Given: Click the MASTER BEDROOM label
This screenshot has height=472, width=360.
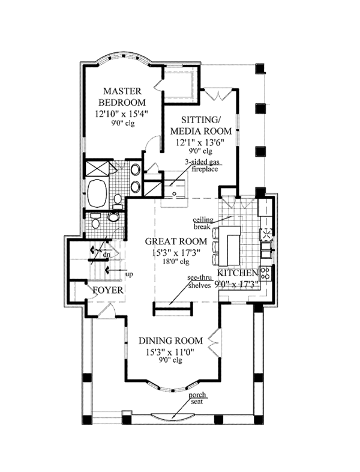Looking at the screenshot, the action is tap(122, 97).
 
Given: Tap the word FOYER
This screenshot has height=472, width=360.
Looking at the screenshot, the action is tap(108, 290).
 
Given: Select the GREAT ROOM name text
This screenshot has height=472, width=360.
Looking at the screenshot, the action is tap(176, 241).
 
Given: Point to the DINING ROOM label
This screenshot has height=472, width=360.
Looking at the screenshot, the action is tap(170, 340).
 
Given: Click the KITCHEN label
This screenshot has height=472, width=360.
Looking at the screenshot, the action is tap(238, 273).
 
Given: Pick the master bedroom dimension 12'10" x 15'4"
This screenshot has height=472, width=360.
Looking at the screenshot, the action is tap(122, 113).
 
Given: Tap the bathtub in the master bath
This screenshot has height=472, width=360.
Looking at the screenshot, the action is tap(97, 193).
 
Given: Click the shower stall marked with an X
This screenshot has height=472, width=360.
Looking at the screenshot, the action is tap(97, 169).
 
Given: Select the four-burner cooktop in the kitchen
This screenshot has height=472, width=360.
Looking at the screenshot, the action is tap(265, 273).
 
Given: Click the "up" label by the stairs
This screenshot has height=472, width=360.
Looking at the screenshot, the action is tap(129, 274).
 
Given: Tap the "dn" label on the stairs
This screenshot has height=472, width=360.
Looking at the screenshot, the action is tap(106, 255).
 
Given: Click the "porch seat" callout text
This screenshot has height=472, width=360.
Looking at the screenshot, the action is tap(197, 398).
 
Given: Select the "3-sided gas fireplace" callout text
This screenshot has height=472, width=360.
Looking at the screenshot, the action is tap(202, 165).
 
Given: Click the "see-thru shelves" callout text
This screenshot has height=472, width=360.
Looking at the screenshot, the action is tap(199, 282).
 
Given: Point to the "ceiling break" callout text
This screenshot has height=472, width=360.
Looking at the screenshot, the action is tap(203, 223).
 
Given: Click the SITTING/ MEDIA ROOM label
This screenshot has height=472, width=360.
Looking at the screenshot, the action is tap(201, 126).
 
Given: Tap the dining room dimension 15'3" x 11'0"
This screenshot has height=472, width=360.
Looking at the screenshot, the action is tap(170, 351).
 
